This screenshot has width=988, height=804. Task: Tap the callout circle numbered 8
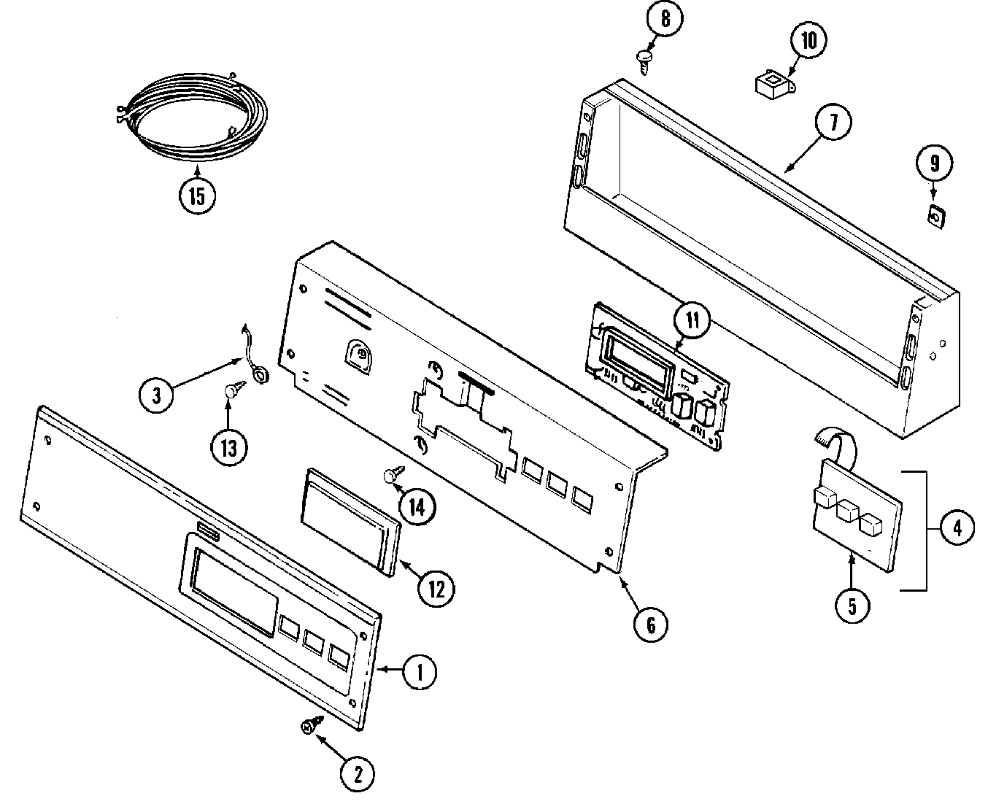(665, 19)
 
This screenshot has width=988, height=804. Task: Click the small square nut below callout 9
(934, 217)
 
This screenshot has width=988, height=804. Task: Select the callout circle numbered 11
(692, 320)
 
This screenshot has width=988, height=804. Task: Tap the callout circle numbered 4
(956, 528)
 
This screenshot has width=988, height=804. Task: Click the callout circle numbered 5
(852, 606)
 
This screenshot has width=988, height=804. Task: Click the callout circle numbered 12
(436, 589)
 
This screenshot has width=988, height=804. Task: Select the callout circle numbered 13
(229, 447)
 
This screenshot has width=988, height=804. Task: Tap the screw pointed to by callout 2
(309, 726)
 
